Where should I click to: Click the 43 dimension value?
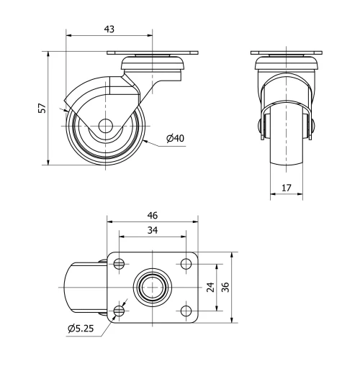[x=109, y=29]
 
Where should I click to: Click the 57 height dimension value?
[x=42, y=108]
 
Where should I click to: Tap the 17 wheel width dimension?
[x=287, y=189]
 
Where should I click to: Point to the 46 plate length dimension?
[x=153, y=215]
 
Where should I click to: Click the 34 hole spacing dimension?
[x=153, y=231]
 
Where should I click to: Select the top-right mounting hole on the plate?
[x=186, y=263]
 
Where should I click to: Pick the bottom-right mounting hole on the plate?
[x=186, y=311]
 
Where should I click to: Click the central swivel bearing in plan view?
[x=153, y=287]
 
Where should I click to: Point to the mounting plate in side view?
[x=153, y=53]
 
